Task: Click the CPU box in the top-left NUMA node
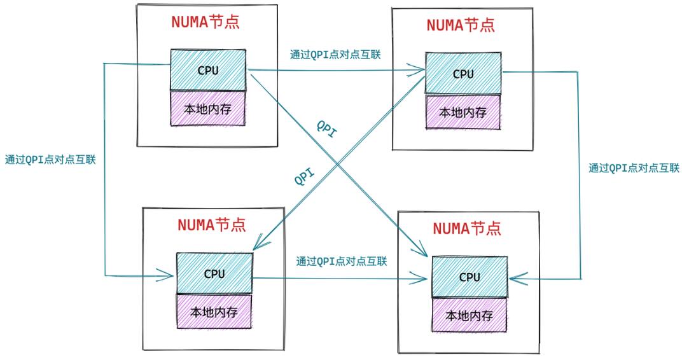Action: pos(208,70)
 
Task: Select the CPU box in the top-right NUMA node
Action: pos(463,74)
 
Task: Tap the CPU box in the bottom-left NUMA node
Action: pos(214,273)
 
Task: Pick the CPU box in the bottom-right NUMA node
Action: pos(470,277)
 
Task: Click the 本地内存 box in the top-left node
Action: pos(208,109)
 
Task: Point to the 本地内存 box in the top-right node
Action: pos(463,112)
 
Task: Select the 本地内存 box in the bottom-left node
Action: pos(214,311)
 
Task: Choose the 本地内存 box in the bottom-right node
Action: pos(470,315)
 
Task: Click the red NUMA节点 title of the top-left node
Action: pos(205,22)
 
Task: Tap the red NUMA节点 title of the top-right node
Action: pos(461,25)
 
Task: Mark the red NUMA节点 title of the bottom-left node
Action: pos(212,225)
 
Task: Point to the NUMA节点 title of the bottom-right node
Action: pos(467,228)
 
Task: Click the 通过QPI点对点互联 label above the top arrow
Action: pos(335,55)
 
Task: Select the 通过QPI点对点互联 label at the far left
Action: pos(50,160)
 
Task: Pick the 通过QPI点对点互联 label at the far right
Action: pos(634,168)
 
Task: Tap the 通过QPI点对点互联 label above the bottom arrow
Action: pos(342,261)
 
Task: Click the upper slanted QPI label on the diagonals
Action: pos(326,129)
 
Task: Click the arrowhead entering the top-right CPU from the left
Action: pos(417,69)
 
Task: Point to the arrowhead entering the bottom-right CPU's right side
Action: pos(518,278)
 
